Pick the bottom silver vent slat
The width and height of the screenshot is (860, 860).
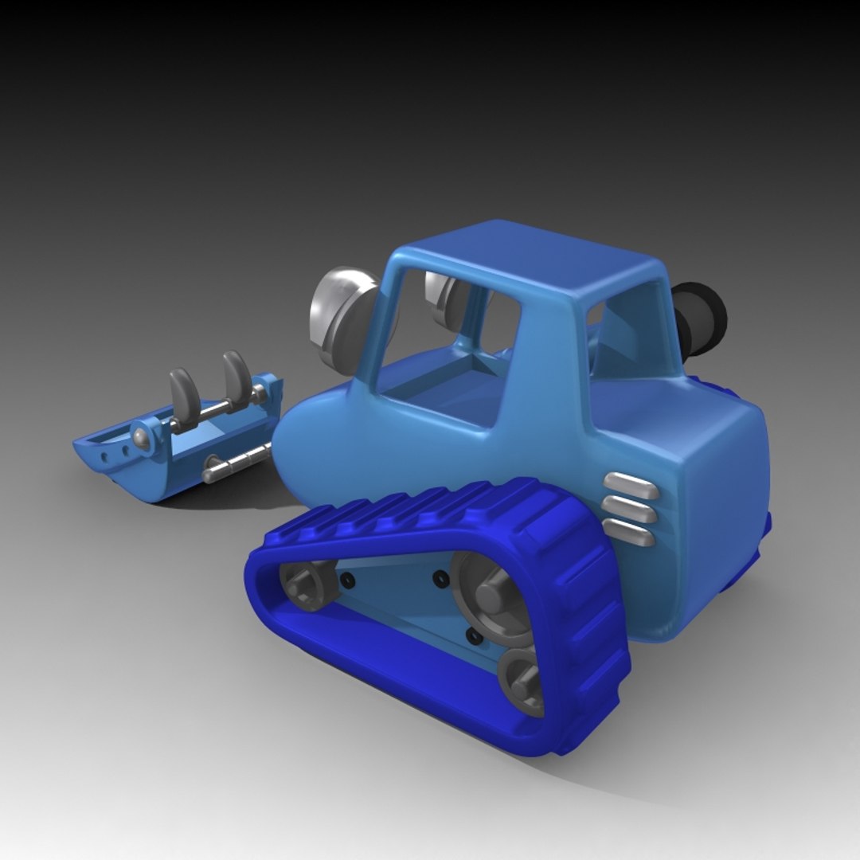629,532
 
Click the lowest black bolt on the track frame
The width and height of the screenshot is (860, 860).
474,636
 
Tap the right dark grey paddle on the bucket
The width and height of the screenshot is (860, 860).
237,377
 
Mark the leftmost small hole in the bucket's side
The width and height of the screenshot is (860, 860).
103,459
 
